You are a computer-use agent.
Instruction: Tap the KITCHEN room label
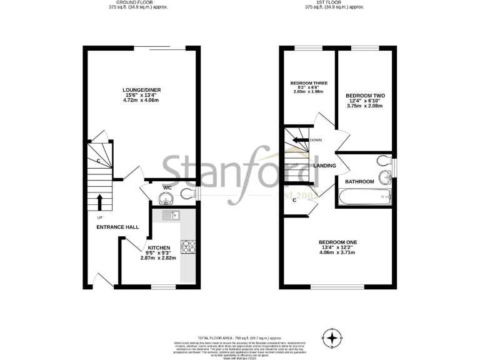coord(159,247)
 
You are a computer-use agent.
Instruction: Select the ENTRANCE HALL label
coord(117,227)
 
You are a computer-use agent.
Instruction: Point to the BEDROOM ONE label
coord(337,242)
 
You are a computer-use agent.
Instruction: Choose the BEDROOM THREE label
coord(309,83)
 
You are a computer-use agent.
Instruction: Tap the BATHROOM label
coord(360,182)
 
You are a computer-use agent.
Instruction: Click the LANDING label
coord(325,166)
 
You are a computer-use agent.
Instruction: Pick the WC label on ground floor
coord(167,187)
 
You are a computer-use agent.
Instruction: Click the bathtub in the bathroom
coord(366,199)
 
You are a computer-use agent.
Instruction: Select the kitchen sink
coord(170,216)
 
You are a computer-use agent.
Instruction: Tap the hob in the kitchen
coord(188,246)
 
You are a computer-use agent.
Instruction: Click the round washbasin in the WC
coord(166,199)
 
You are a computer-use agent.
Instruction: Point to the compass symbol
coord(332,338)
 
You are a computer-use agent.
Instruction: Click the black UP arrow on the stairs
coord(100,201)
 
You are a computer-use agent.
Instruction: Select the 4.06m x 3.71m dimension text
coord(337,252)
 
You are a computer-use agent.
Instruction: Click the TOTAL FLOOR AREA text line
coord(241,336)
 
